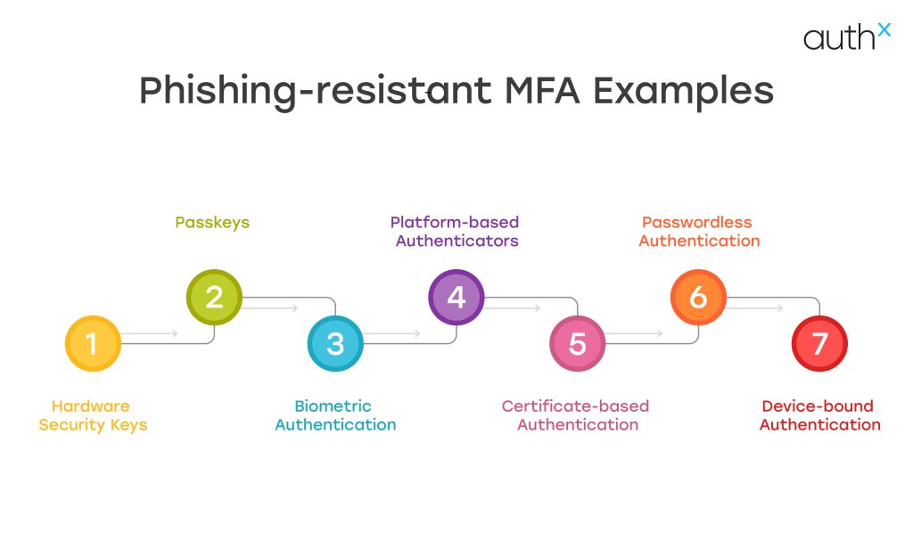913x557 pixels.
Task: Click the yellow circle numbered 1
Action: coord(93,343)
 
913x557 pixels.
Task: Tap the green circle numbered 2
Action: coord(214,297)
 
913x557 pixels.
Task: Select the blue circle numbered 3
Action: coord(335,343)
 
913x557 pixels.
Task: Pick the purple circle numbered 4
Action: coord(456,297)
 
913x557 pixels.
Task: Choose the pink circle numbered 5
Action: coord(578,343)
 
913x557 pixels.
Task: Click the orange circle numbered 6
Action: coord(698,297)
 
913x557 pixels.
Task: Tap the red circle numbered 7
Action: coord(819,343)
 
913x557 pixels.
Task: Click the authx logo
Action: coord(846,37)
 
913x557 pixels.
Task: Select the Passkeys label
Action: coord(212,222)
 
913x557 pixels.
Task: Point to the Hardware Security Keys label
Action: coord(92,415)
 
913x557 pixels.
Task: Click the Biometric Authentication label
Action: coord(335,415)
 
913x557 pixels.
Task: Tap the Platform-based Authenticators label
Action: coord(455,231)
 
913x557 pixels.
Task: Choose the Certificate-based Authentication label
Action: coord(576,415)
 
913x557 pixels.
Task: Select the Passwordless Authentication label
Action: coord(699,231)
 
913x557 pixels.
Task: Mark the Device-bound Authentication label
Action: coord(819,415)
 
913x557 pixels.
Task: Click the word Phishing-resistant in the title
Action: coord(313,92)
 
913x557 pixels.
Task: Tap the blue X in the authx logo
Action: coord(883,29)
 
